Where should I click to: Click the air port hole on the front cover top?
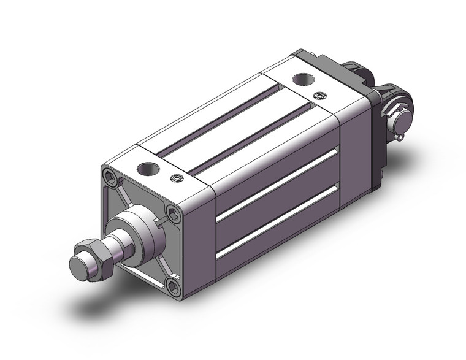(146, 167)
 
